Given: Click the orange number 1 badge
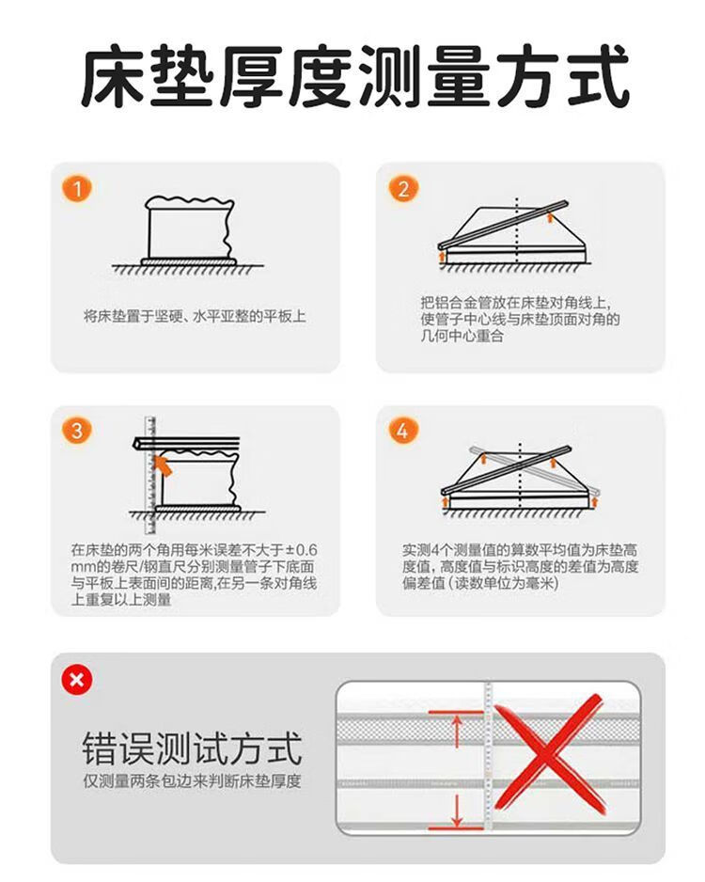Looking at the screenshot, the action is (77, 188).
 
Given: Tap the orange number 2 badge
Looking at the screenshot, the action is (403, 188).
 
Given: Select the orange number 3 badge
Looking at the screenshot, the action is (77, 431).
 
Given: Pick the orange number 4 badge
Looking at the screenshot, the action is (403, 431).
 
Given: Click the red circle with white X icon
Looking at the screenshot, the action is (77, 680).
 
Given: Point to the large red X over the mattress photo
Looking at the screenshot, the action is (549, 754).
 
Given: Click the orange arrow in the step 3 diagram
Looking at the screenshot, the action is (163, 465).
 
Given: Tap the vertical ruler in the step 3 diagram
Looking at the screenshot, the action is (150, 475).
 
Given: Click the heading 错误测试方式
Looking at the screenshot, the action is (193, 748).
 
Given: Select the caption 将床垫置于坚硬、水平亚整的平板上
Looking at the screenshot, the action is (195, 316).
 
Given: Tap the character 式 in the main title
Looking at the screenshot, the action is (595, 77).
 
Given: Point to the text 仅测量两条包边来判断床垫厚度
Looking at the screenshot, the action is (193, 781).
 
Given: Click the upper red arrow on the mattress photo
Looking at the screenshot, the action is (457, 731).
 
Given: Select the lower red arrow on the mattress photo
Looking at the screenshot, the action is (457, 811).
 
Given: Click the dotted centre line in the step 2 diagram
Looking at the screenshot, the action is (517, 230).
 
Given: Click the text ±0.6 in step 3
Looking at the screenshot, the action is (301, 549).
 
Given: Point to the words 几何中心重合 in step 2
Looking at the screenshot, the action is (462, 337).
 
